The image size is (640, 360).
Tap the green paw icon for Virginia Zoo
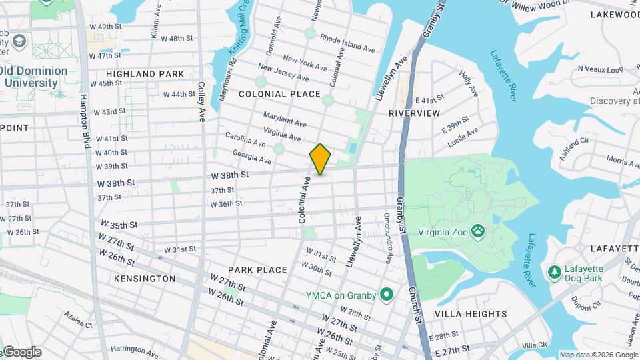[478, 232]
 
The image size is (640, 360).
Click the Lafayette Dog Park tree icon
[553, 272]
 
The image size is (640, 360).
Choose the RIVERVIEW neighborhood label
[415, 113]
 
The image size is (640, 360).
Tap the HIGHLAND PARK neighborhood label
[145, 74]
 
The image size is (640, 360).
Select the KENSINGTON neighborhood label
[145, 278]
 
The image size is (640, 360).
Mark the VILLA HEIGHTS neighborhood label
[471, 314]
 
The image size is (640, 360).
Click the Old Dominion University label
[35, 77]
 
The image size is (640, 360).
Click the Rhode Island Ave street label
[347, 43]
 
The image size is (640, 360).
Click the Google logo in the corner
[21, 352]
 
